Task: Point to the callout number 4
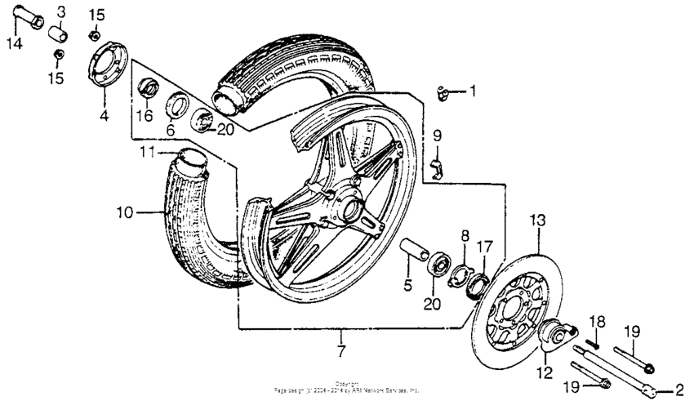click(x=104, y=116)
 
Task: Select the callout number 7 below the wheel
click(x=340, y=352)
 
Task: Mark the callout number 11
click(x=146, y=152)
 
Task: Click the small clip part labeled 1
click(x=446, y=92)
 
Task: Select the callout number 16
click(x=144, y=116)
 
